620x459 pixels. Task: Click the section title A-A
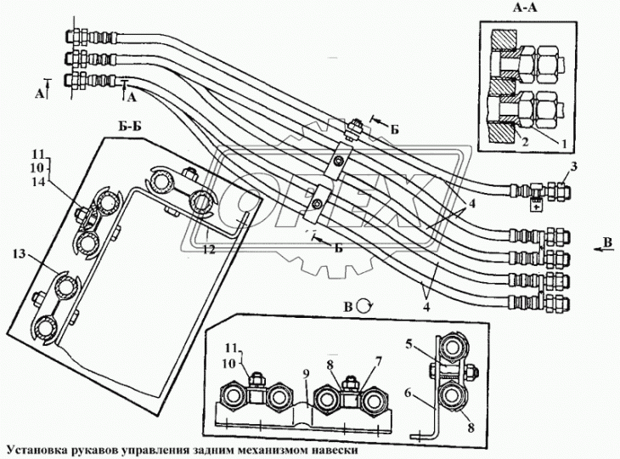(x=525, y=8)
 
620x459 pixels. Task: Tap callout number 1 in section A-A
(x=564, y=144)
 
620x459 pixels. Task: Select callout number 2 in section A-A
(x=524, y=142)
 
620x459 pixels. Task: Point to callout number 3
(x=573, y=167)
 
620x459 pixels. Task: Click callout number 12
(x=210, y=249)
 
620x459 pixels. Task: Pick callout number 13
(x=19, y=253)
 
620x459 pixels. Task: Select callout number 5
(x=410, y=343)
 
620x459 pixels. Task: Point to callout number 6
(x=409, y=393)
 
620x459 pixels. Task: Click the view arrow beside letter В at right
(x=603, y=248)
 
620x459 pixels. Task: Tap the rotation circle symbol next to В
(x=364, y=306)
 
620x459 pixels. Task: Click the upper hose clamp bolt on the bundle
(x=339, y=161)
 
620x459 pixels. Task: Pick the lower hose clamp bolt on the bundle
(x=316, y=204)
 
